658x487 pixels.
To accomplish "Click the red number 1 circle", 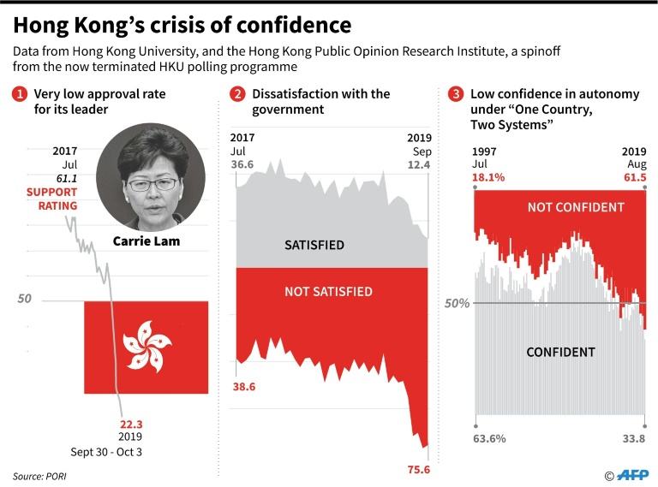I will coord(19,94).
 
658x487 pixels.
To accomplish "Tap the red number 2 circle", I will coord(237,94).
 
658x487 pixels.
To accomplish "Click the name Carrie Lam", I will coord(147,241).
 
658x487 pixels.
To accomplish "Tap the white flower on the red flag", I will coord(146,347).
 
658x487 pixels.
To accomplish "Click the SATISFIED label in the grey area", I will coord(314,246).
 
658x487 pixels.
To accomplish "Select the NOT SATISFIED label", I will coord(328,292).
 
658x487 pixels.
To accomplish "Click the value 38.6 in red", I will coord(245,387).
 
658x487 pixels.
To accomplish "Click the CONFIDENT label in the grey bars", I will coord(560,352).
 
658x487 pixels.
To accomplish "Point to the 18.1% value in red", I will coord(489,178).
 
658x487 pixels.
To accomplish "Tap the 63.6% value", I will coord(490,440).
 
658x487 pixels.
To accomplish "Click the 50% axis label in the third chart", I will coord(457,304).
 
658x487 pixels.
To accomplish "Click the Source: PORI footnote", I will coord(41,475).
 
